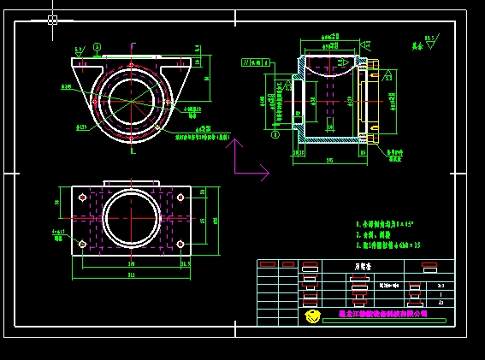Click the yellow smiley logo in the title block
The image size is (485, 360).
pyautogui.click(x=313, y=316)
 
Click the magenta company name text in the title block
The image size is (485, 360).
pyautogui.click(x=382, y=314)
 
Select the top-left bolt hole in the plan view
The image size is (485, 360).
pyautogui.click(x=82, y=197)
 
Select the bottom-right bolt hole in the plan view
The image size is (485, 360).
pyautogui.click(x=180, y=244)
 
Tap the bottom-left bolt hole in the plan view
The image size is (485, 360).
pyautogui.click(x=82, y=244)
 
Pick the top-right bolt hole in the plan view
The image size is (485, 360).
pyautogui.click(x=180, y=197)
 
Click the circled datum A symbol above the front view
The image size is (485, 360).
pyautogui.click(x=97, y=48)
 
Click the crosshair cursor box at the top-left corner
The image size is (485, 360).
pyautogui.click(x=52, y=20)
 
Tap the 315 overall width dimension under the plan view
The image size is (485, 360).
pyautogui.click(x=131, y=274)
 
